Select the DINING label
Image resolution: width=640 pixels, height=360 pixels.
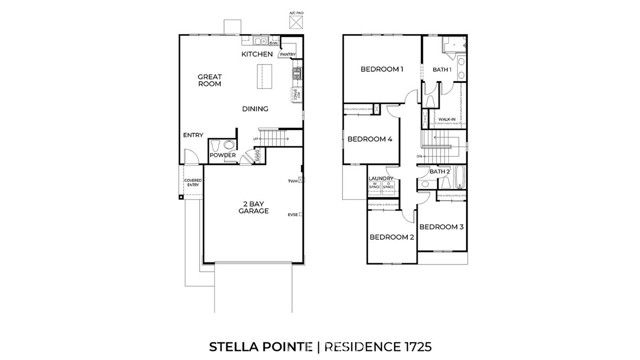255,109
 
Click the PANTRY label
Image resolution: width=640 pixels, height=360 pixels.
288,54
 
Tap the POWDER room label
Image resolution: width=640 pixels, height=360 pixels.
222,156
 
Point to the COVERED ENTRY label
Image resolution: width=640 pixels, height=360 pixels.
192,183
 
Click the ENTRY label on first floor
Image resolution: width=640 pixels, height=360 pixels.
193,136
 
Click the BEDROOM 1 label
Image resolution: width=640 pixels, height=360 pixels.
381,69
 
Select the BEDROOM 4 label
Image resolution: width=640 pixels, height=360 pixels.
369,139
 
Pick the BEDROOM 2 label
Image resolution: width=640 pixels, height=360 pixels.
391,237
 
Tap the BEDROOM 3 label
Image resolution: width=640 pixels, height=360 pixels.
441,228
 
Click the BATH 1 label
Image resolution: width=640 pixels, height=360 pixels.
442,69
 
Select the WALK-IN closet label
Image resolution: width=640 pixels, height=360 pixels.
447,119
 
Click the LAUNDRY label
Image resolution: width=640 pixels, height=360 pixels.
380,181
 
